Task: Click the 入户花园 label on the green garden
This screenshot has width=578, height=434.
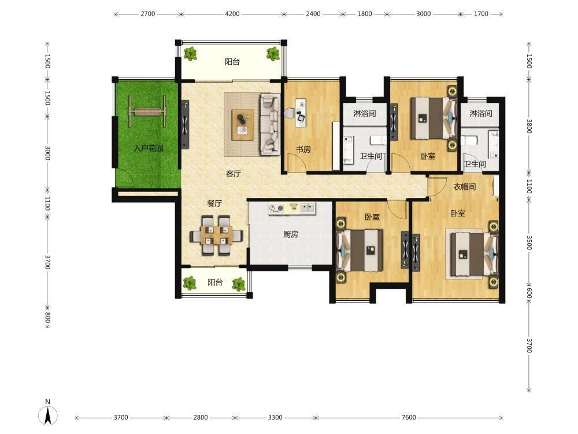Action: coord(148,148)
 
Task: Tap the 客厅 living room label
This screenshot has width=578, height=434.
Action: coord(234,174)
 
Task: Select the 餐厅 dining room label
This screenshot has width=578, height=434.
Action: coord(214,203)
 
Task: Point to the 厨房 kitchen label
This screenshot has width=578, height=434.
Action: coord(291,234)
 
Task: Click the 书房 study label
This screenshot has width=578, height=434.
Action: coord(303,149)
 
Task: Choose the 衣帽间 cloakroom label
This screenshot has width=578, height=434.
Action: coord(465,187)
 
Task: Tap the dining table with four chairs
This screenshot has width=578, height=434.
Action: coord(216,236)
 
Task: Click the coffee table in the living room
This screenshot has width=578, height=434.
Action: coord(243,125)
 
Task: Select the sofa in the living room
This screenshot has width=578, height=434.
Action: coord(270,124)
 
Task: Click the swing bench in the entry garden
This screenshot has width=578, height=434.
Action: coord(147,111)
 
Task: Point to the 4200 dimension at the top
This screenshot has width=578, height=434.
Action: coord(232,14)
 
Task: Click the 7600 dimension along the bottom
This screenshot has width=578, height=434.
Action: coord(409,417)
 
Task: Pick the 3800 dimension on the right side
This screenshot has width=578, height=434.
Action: coord(529,126)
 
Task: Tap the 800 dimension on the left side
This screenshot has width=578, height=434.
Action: coord(47,317)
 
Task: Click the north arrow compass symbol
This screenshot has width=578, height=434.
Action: coord(48,413)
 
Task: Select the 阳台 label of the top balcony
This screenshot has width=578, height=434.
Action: coord(232,62)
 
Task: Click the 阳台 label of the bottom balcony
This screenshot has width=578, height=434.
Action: coord(215,282)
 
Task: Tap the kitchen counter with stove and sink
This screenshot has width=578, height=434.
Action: coord(292,208)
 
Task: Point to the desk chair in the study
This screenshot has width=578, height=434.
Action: coord(290,112)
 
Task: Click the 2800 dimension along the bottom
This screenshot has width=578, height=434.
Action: coord(201,417)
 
